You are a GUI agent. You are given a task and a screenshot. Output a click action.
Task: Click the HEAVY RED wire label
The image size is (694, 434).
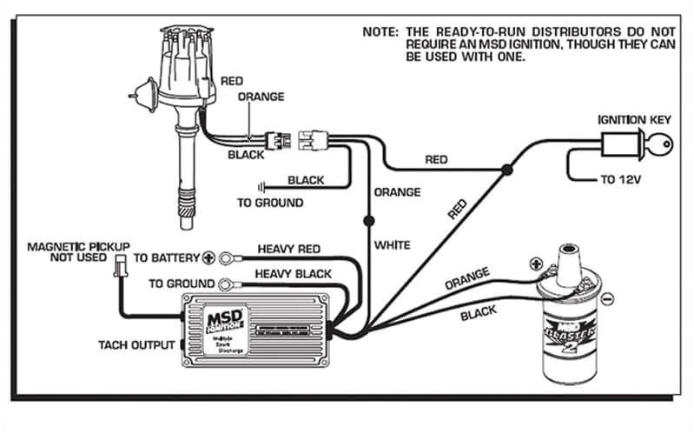pyautogui.click(x=288, y=249)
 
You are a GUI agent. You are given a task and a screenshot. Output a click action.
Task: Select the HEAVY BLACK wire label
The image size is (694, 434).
pyautogui.click(x=293, y=274)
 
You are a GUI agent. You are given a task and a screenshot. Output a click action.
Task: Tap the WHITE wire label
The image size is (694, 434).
pyautogui.click(x=392, y=245)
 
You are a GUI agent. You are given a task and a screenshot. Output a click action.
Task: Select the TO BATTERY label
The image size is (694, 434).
pyautogui.click(x=166, y=258)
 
